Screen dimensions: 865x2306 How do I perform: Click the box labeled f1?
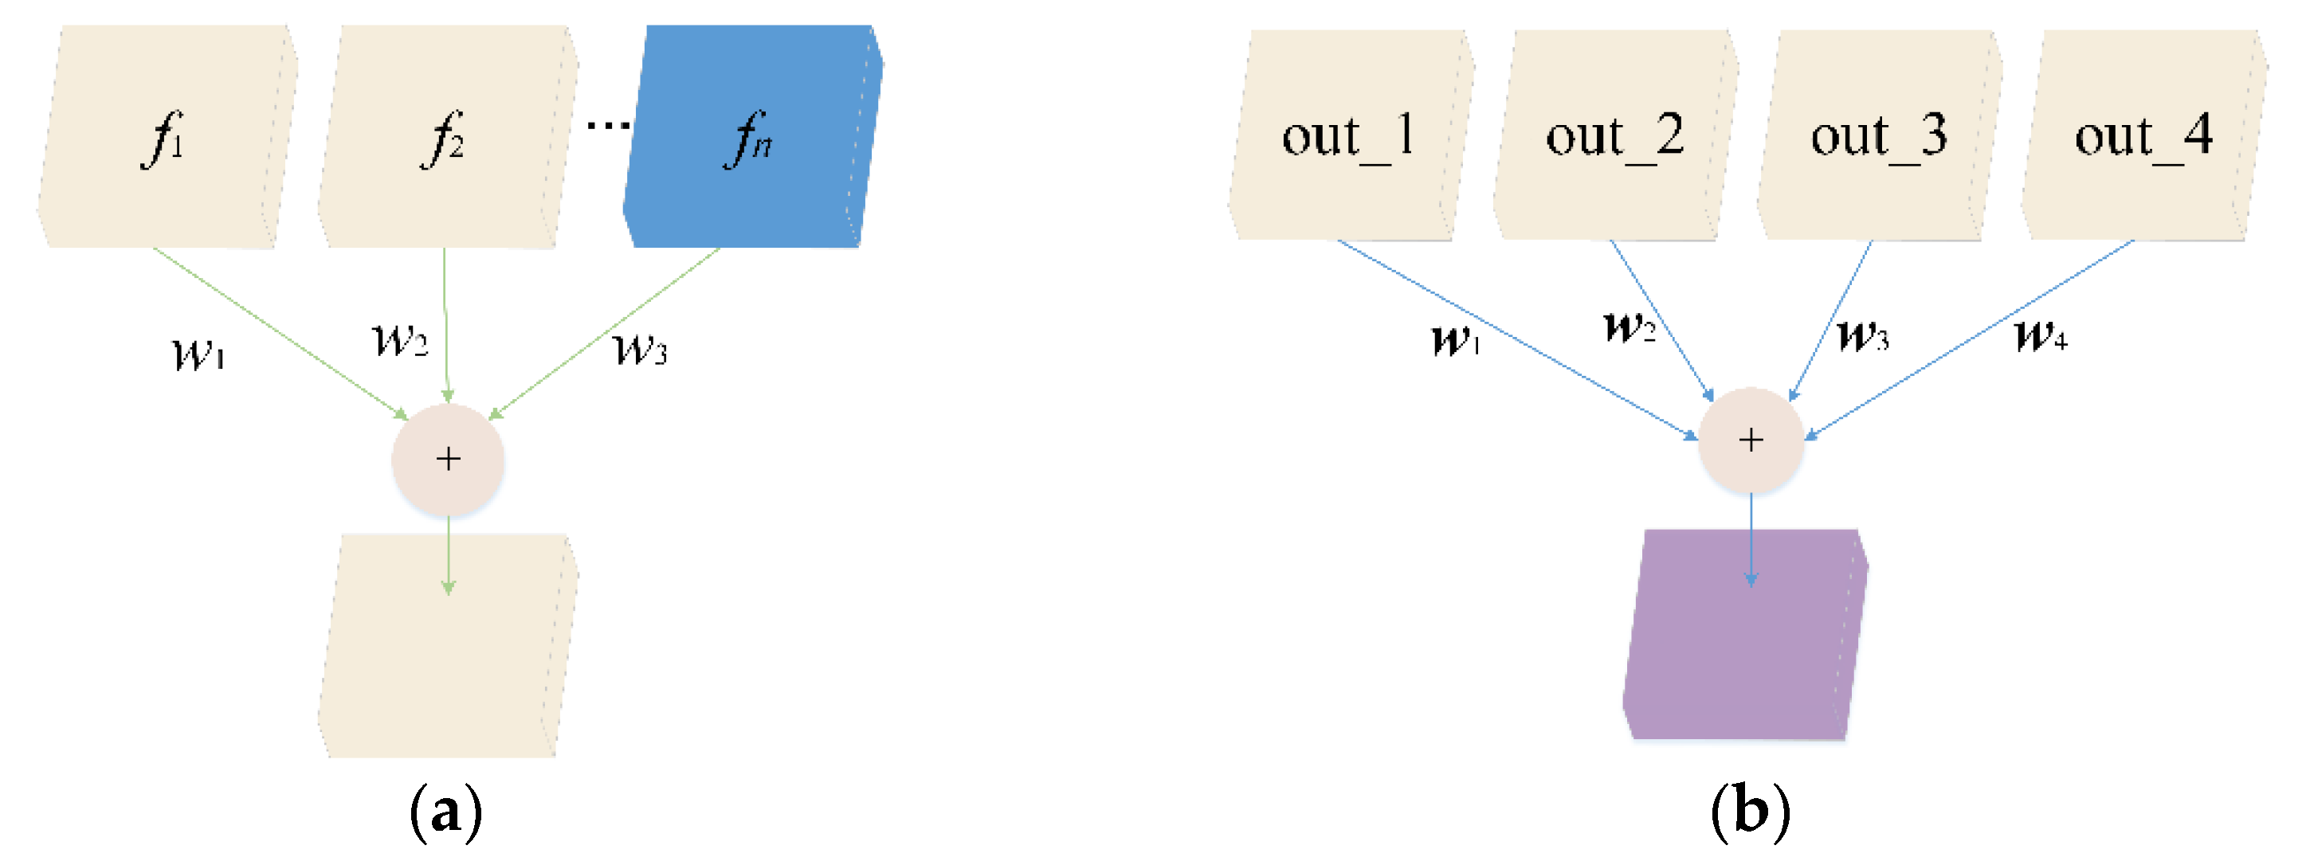coord(167,136)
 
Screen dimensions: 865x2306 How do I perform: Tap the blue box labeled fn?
coord(752,136)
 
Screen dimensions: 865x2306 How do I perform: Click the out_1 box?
coord(1350,135)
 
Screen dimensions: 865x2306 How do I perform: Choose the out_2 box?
coord(1615,135)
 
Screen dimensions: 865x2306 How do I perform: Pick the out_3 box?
coord(1879,135)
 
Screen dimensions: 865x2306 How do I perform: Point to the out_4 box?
coord(2144,135)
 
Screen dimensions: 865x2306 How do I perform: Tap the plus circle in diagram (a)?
coord(448,459)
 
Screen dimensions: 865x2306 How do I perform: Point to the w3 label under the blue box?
coord(640,349)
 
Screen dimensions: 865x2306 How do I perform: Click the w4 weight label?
coord(2040,336)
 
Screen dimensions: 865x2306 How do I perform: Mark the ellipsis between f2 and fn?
coord(608,124)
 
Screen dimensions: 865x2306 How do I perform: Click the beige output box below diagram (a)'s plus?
coord(448,662)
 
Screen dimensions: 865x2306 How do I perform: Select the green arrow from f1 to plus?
coord(277,331)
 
